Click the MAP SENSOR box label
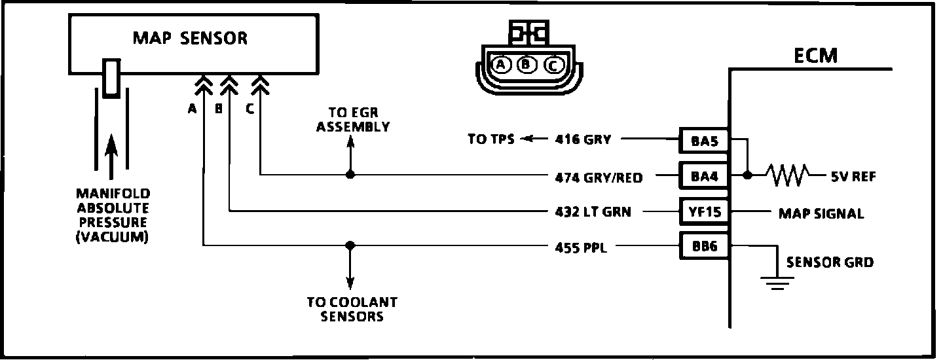[x=191, y=38]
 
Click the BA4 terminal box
[x=704, y=175]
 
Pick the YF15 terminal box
[x=704, y=211]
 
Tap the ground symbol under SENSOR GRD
[x=777, y=282]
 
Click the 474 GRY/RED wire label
[x=599, y=176]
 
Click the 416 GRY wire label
[x=584, y=139]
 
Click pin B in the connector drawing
[x=527, y=64]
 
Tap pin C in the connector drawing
[x=552, y=65]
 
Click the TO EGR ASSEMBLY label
[x=353, y=120]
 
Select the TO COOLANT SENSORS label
[x=352, y=309]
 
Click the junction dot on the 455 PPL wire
[x=350, y=245]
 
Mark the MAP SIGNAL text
[x=821, y=213]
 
